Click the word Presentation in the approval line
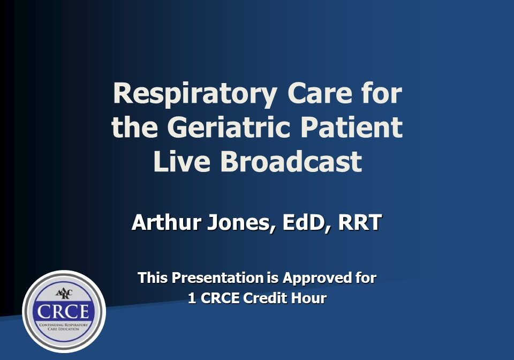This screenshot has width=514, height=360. tap(217, 277)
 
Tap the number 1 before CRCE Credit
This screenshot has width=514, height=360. tap(192, 298)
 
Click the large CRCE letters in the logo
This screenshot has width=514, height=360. tap(63, 311)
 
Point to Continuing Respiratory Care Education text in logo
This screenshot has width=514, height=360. tap(64, 327)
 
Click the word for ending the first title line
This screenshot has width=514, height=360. tap(382, 93)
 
